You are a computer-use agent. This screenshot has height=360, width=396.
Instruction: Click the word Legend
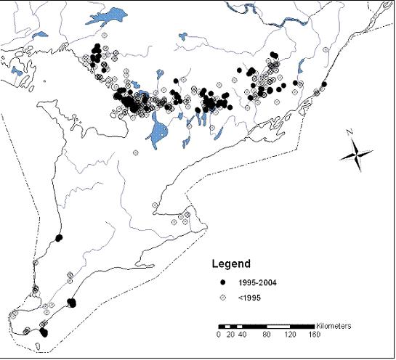[x=230, y=263]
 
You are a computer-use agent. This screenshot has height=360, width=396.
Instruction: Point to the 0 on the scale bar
[x=218, y=335]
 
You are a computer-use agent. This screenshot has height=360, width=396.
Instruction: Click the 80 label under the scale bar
[x=267, y=335]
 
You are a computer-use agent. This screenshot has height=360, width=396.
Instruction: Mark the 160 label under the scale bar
[x=315, y=335]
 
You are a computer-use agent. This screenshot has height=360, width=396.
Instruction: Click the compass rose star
[x=357, y=155]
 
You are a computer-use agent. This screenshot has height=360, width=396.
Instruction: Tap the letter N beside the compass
[x=348, y=133]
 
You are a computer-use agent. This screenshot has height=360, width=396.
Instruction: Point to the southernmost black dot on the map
[x=44, y=333]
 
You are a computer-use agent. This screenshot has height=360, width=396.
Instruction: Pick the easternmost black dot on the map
[x=323, y=84]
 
